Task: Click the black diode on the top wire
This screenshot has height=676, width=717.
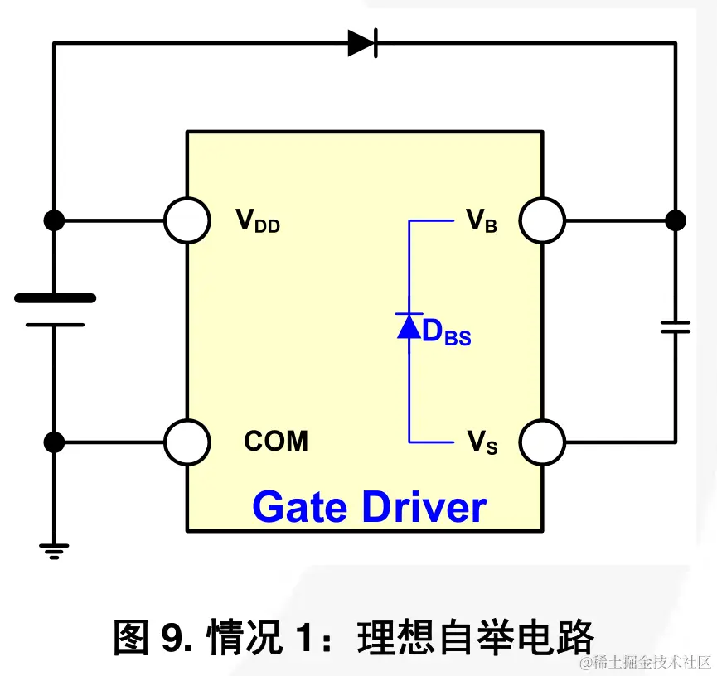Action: [363, 42]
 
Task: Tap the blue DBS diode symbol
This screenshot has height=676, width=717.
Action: [409, 326]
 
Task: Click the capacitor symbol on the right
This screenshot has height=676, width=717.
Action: [676, 326]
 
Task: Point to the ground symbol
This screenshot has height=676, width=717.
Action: [55, 550]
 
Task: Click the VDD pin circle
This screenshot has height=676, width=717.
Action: [187, 221]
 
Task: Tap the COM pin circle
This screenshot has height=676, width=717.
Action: [187, 442]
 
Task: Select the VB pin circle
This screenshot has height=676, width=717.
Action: [543, 221]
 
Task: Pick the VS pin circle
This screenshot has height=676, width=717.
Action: [543, 442]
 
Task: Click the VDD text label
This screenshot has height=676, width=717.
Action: [258, 221]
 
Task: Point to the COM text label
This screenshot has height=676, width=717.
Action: [276, 442]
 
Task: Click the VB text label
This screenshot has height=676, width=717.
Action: [482, 221]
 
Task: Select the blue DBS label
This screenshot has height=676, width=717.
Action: [446, 333]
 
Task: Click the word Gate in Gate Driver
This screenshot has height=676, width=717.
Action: [299, 507]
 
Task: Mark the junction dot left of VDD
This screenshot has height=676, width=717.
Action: [55, 221]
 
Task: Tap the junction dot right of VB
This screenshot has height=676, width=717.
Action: [676, 221]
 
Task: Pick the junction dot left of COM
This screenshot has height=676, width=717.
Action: [55, 442]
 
